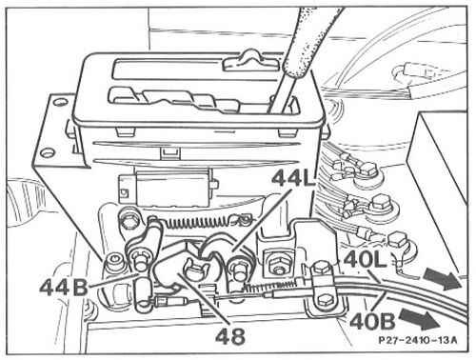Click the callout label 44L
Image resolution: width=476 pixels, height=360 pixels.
pyautogui.click(x=294, y=178)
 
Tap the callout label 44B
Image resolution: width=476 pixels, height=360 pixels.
pyautogui.click(x=64, y=288)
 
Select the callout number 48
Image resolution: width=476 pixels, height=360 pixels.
pyautogui.click(x=230, y=335)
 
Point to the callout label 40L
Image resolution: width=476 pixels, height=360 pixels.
pyautogui.click(x=365, y=260)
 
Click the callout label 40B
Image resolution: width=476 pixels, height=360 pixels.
pyautogui.click(x=372, y=321)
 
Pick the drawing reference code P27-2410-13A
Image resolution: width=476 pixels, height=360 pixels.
pyautogui.click(x=418, y=340)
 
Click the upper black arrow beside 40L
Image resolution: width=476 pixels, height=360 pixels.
pyautogui.click(x=442, y=277)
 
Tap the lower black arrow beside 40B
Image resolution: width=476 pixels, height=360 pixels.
pyautogui.click(x=420, y=318)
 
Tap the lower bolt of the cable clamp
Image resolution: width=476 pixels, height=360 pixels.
pyautogui.click(x=323, y=301)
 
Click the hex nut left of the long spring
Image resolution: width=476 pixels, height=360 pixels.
pyautogui.click(x=129, y=223)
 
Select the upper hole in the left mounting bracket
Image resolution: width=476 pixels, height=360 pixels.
pyautogui.click(x=59, y=102)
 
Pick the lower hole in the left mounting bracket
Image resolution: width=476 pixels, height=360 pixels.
pyautogui.click(x=48, y=153)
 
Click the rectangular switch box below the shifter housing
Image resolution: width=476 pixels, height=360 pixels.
pyautogui.click(x=169, y=188)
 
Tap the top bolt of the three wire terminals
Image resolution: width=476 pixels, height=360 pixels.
pyautogui.click(x=368, y=169)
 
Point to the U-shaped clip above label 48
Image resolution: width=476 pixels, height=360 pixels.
pyautogui.click(x=194, y=269)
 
